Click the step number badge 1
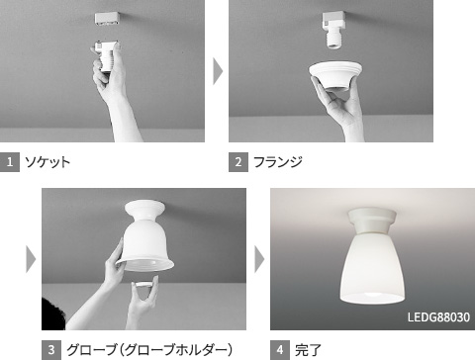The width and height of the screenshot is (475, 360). tap(11, 161)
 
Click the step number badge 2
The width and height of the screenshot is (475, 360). tap(238, 161)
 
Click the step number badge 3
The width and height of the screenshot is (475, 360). tap(51, 349)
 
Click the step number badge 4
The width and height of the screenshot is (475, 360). tap(280, 349)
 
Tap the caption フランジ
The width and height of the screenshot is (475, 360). tap(279, 161)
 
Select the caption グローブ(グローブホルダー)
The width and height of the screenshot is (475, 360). tap(149, 349)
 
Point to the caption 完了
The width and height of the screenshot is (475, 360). tap(309, 349)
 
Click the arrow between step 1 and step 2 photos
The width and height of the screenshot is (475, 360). tap(219, 71)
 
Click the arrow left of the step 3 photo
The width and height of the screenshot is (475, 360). tap(31, 259)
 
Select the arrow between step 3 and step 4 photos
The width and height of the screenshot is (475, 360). tap(259, 259)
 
